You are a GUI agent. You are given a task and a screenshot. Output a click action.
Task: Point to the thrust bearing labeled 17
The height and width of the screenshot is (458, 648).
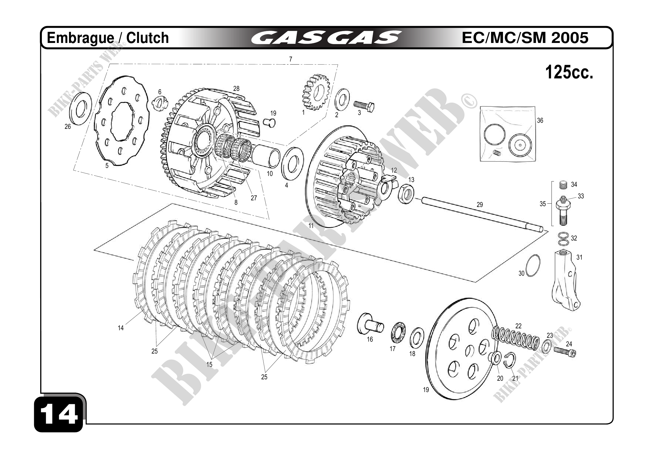point(398,334)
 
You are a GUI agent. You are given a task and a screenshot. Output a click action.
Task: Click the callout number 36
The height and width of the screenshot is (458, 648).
point(540,121)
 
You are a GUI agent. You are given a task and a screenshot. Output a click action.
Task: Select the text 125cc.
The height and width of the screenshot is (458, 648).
point(569,73)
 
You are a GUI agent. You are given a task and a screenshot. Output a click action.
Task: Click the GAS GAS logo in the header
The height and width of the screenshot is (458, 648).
point(326,38)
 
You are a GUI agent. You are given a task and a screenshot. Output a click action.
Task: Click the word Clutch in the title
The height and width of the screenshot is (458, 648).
point(147,38)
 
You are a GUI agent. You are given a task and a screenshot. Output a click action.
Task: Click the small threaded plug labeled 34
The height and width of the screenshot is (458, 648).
point(563,185)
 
